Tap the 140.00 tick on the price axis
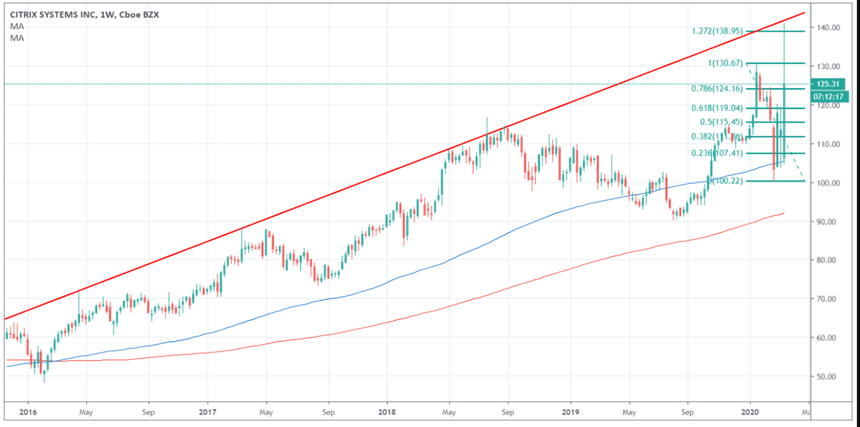point(828,27)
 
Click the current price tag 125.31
point(828,84)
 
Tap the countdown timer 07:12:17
point(828,97)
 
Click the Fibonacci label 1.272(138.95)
point(717,31)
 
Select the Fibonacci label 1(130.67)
point(725,63)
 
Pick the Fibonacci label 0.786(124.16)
point(717,89)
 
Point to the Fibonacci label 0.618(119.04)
point(717,108)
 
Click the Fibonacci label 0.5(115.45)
point(721,122)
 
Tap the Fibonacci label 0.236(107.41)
point(717,153)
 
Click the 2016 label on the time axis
point(28,412)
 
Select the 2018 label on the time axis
point(386,412)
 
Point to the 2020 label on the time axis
point(750,412)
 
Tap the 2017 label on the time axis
point(207,412)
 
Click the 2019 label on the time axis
point(570,412)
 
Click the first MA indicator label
point(17,26)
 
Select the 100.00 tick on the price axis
point(828,183)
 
